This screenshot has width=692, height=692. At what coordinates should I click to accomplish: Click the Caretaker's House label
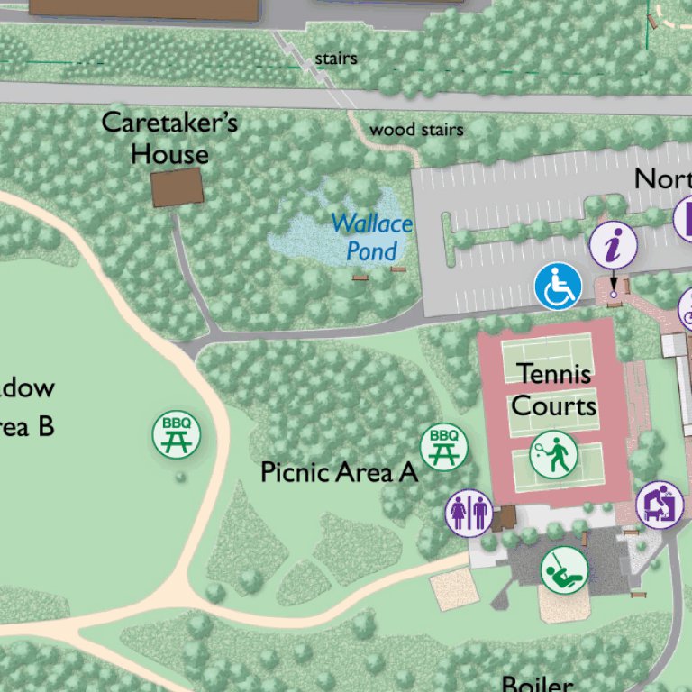[x=169, y=137]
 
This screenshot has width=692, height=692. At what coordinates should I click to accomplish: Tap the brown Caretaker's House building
[x=177, y=187]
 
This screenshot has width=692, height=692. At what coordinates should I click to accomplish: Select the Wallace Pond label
[x=371, y=237]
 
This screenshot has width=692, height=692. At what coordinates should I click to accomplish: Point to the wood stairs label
[x=416, y=131]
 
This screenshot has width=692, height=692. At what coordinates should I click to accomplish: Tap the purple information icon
[x=614, y=245]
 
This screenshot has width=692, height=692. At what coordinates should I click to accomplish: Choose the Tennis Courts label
[x=554, y=389]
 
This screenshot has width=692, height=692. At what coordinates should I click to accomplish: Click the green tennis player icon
[x=552, y=455]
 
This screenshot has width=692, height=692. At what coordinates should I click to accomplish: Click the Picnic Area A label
[x=339, y=472]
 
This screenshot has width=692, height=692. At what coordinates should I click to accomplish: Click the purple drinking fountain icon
[x=660, y=505]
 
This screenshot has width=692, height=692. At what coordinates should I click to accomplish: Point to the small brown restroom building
[x=504, y=517]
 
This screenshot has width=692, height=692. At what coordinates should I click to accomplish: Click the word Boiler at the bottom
[x=535, y=684]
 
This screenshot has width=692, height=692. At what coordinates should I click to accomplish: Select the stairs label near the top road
[x=336, y=59]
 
